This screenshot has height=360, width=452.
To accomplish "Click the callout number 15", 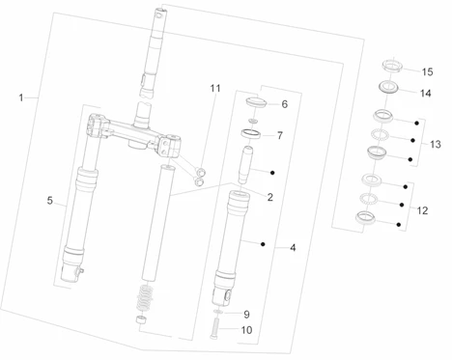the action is point(427,71).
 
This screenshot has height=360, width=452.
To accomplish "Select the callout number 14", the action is point(425,94).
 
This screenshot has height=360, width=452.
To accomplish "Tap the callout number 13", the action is point(436,144).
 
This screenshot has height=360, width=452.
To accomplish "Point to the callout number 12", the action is point(422,210).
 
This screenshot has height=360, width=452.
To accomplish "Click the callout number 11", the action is point(215,88).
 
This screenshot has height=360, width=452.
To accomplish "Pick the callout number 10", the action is point(246,330).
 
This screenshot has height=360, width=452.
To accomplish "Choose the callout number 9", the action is point(246,315).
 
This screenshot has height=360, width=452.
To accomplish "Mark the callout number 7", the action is point(280,136).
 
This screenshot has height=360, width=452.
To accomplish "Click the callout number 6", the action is point(285,104).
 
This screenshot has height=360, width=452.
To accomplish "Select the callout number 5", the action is point(49,201).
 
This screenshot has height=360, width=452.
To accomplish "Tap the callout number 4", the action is point(293,248).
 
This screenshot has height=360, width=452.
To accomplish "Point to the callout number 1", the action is point(21,97).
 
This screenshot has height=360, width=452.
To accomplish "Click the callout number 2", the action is point(270,197).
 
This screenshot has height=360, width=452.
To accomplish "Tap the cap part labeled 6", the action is point(256,102).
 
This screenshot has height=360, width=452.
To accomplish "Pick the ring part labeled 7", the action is point(251,133).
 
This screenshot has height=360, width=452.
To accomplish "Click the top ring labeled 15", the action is point(392,65).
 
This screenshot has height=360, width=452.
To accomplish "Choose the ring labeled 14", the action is point(389,88).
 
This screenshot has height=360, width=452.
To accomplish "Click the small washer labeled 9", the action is point(217,312).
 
